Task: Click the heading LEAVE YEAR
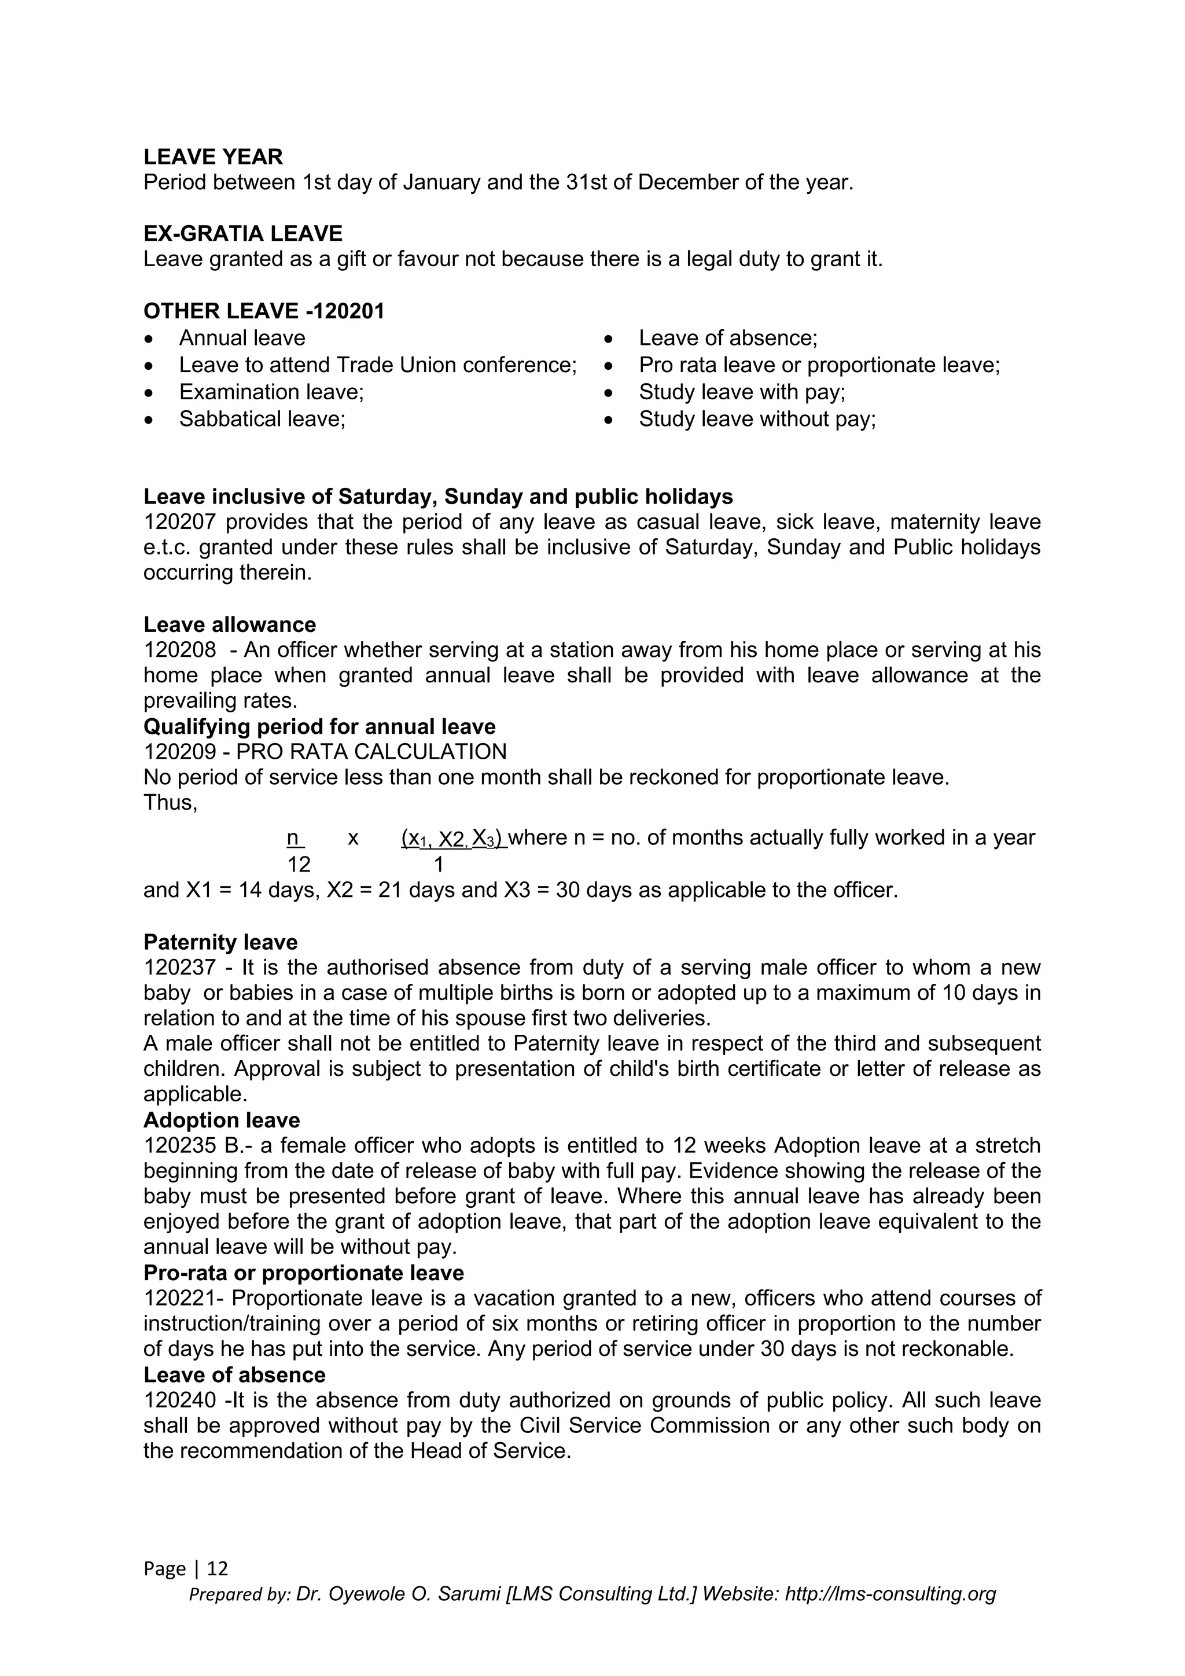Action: (213, 157)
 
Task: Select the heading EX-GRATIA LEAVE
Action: (243, 234)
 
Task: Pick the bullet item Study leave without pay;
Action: (757, 419)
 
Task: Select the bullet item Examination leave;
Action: (271, 392)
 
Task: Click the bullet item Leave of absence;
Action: (727, 338)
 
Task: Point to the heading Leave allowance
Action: (230, 625)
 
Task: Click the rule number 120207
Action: (179, 522)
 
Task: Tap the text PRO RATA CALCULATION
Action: (371, 752)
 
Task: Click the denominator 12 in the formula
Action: (299, 865)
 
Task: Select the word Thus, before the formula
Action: (170, 802)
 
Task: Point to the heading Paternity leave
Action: (220, 942)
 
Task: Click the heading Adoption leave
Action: (222, 1120)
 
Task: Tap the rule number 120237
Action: (179, 968)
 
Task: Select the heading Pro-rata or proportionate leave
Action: (304, 1273)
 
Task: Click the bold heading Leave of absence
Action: (234, 1375)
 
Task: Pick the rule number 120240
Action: (179, 1401)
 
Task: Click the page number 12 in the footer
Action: (218, 1569)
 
